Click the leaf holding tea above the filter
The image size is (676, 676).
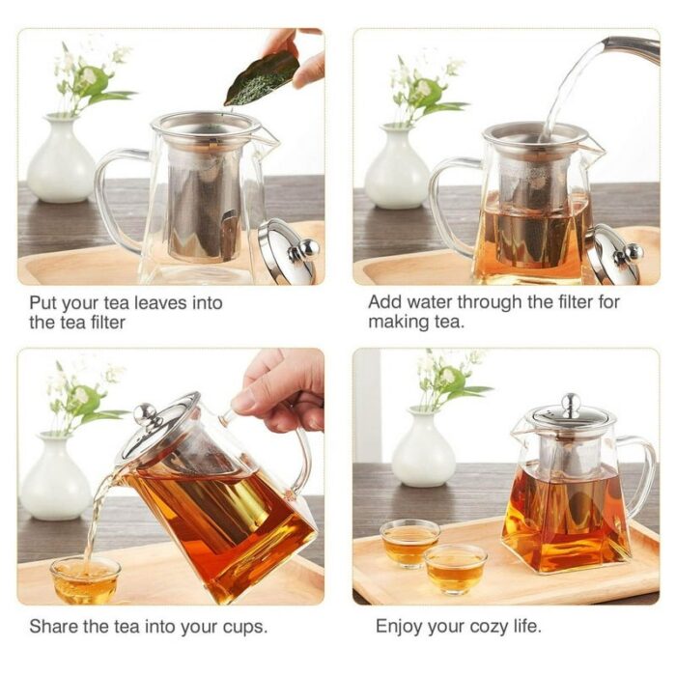pyautogui.click(x=262, y=80)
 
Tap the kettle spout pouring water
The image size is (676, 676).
pyautogui.click(x=632, y=48)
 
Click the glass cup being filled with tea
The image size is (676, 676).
pyautogui.click(x=85, y=579)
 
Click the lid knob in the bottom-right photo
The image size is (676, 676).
pyautogui.click(x=571, y=406)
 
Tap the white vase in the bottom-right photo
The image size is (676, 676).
pyautogui.click(x=423, y=447)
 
